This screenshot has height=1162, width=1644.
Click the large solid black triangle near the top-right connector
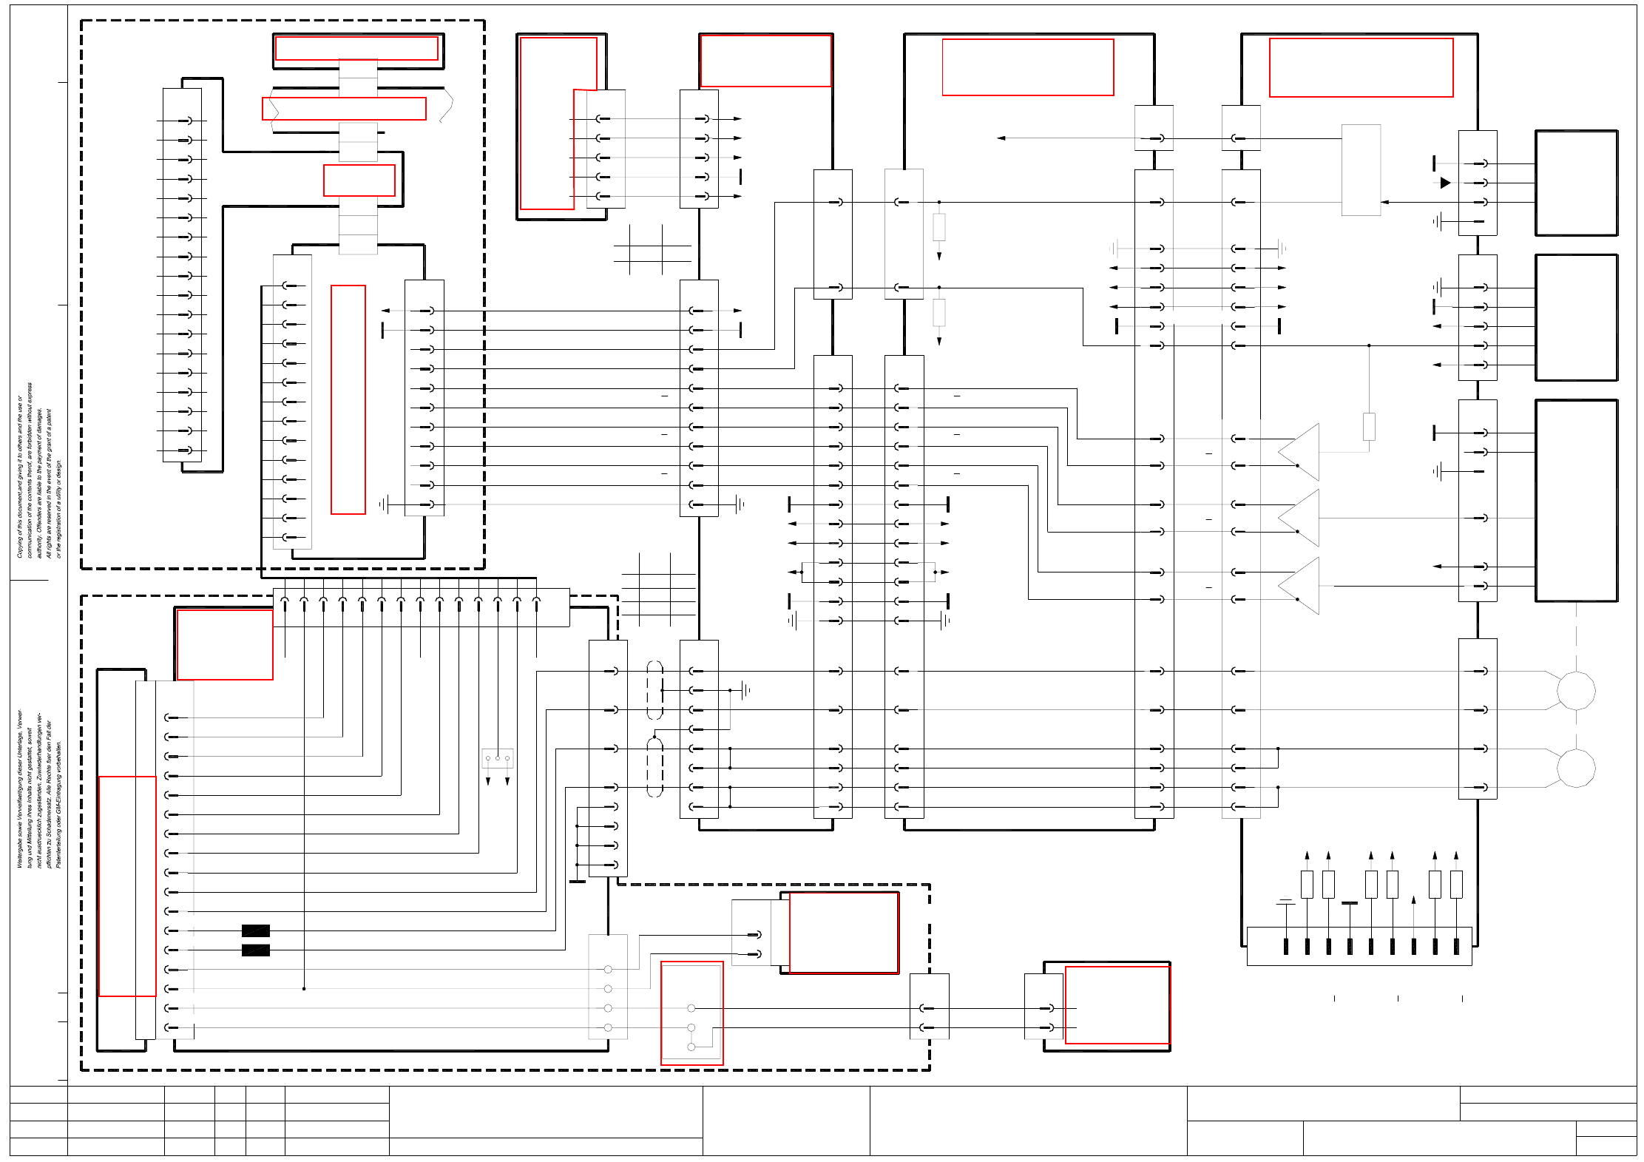(x=1445, y=183)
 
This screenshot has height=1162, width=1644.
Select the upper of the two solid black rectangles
(x=255, y=930)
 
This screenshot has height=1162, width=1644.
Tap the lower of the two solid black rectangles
(x=255, y=950)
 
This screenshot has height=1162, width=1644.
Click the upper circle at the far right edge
(x=1576, y=691)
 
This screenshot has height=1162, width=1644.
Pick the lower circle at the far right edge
(x=1576, y=768)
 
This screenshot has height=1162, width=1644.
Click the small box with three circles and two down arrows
(x=498, y=758)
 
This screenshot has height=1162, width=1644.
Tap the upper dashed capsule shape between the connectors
(x=654, y=690)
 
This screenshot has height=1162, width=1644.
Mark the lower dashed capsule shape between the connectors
(x=654, y=767)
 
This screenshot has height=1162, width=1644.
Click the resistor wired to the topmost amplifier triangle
(x=1369, y=427)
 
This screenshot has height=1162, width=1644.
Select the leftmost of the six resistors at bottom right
(x=1307, y=885)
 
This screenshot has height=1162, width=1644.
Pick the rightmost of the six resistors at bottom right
(x=1456, y=885)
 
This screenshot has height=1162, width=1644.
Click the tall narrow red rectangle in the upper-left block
(x=348, y=399)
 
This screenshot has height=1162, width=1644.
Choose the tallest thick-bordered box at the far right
(x=1576, y=501)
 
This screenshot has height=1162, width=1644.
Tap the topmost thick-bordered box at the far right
(x=1576, y=183)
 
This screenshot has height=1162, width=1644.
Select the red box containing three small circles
(x=691, y=1013)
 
